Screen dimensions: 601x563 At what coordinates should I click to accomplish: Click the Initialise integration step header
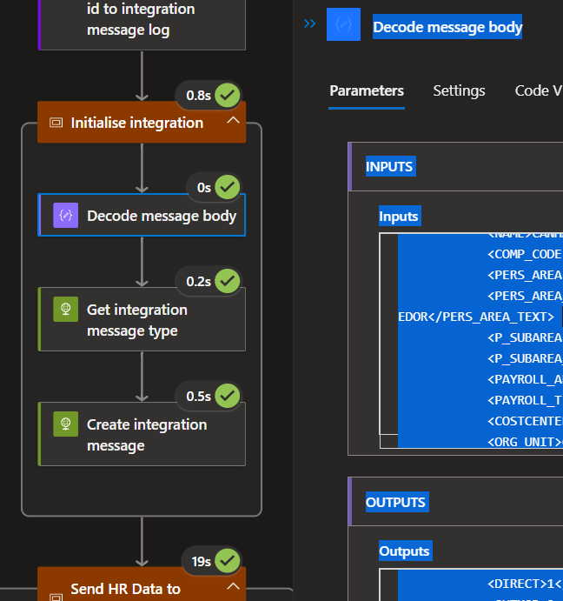(137, 123)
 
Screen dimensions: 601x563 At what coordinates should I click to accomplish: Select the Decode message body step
(161, 216)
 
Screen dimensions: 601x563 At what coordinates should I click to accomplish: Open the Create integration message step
(146, 435)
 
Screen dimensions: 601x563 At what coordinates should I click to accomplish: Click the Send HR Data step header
(125, 589)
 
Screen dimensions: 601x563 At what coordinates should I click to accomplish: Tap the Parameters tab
(367, 90)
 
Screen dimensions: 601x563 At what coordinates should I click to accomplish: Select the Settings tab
(459, 90)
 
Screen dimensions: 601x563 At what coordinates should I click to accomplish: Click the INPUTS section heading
(389, 166)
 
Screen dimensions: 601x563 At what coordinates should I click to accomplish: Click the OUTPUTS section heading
(395, 502)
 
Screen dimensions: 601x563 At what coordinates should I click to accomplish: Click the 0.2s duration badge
(199, 281)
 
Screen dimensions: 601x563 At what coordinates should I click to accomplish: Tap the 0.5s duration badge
(199, 396)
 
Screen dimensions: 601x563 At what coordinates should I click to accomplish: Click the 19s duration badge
(201, 562)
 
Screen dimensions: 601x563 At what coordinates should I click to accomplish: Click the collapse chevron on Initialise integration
(233, 122)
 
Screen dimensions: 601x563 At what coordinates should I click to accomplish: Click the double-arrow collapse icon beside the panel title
(309, 24)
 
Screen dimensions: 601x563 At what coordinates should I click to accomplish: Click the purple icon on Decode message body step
(66, 216)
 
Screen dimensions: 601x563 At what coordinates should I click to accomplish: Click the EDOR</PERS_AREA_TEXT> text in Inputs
(475, 316)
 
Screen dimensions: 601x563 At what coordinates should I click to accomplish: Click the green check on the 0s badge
(227, 187)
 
